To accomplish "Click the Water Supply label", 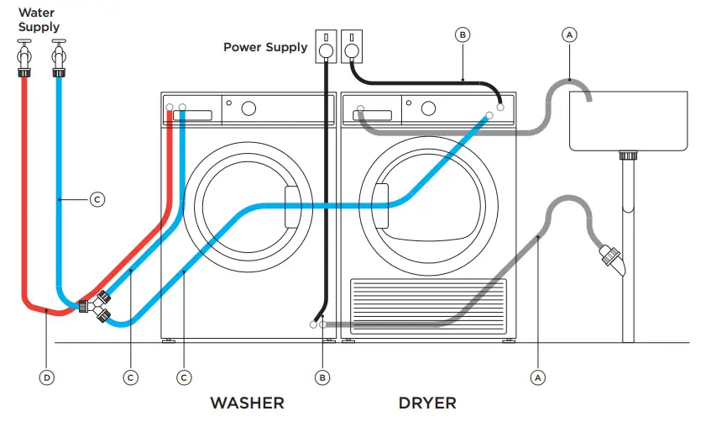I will point(39,20).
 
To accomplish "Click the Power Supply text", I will point(264,47).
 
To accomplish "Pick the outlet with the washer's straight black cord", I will point(325,47).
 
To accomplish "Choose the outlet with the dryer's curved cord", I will point(351,47).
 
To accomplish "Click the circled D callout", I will point(47,377).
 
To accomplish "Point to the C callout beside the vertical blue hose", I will point(97,199).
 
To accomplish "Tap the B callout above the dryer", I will point(463,34).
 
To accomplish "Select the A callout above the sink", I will point(569,34).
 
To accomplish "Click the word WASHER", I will point(247,403).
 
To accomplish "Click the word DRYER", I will point(427,403).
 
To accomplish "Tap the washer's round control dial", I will point(248,108).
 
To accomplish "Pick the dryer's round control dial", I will point(429,108).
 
